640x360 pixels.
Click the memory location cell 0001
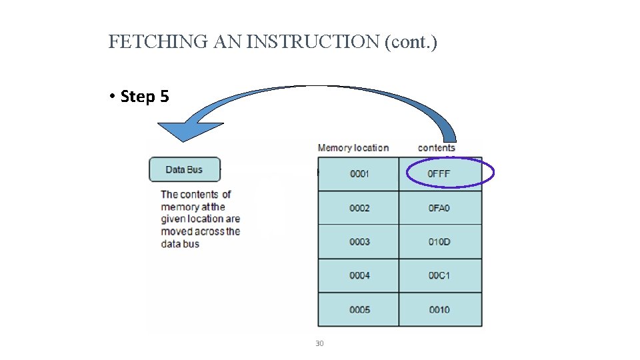pos(359,174)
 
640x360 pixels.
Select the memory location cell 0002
pos(359,208)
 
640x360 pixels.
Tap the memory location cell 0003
pos(359,242)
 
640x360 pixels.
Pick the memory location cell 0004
pos(359,275)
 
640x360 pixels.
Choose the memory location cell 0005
pos(359,309)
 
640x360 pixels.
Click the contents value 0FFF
pos(439,174)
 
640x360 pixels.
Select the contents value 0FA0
pos(439,208)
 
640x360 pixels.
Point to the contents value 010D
pos(439,242)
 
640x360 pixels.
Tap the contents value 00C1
pos(439,275)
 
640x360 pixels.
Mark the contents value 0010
pos(439,309)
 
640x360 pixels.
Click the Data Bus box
pos(184,169)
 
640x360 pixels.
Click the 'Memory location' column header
pos(353,147)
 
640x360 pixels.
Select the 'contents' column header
pos(437,147)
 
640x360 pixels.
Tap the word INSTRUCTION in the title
pos(313,43)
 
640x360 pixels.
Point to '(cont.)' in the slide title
pos(411,43)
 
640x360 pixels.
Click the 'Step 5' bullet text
pos(145,97)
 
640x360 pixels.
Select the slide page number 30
pos(319,343)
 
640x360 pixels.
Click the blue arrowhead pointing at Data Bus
pos(181,131)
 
